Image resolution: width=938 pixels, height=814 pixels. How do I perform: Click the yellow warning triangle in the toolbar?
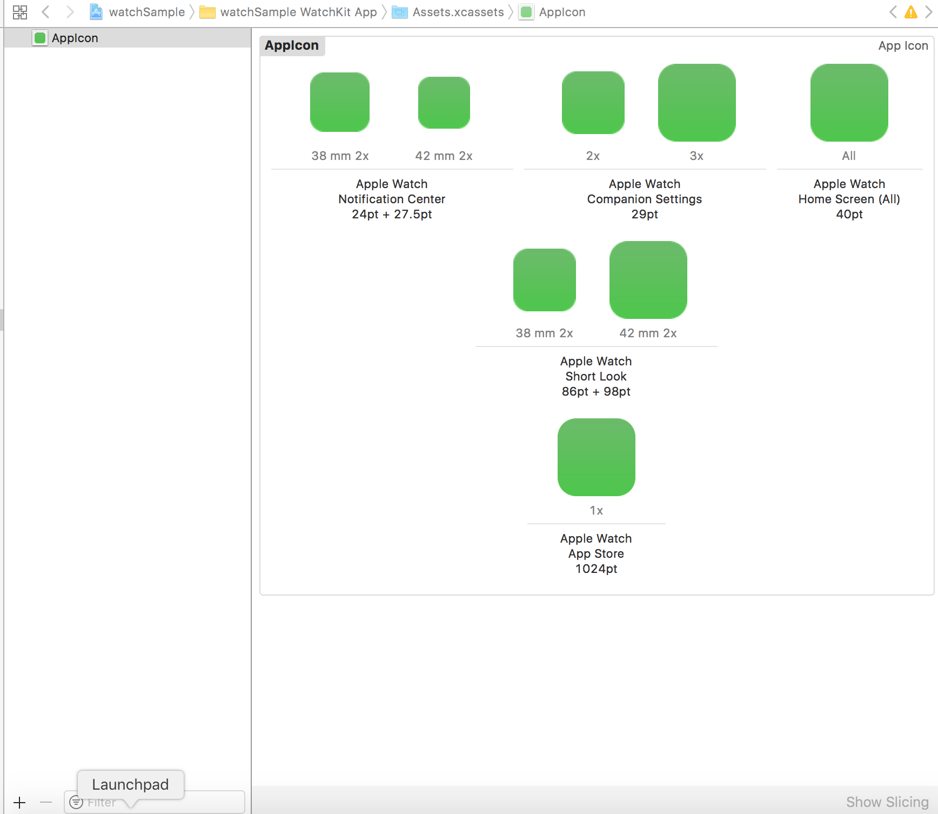tap(911, 12)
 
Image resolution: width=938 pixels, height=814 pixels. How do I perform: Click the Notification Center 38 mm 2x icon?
tap(340, 102)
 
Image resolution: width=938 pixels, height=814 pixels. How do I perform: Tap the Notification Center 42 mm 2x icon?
tap(444, 103)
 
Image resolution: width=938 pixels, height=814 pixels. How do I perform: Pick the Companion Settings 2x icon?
tap(593, 103)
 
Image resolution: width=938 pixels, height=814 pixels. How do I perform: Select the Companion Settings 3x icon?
tap(697, 103)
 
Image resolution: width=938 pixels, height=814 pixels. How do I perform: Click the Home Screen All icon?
tap(849, 103)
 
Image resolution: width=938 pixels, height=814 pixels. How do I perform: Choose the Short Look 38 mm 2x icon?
tap(545, 280)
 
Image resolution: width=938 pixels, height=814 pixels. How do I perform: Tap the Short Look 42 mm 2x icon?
tap(648, 280)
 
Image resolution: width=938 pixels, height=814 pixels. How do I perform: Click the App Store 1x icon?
tap(597, 457)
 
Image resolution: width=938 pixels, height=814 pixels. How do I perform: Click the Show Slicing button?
tap(887, 802)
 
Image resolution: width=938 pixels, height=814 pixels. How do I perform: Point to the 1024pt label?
tap(597, 569)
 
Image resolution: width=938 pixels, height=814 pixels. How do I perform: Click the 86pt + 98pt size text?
tap(597, 391)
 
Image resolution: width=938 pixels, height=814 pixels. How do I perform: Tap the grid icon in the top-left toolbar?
tap(20, 12)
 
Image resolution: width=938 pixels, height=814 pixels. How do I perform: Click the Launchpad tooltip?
tap(130, 784)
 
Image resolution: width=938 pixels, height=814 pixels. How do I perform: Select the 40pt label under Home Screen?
tap(849, 214)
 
